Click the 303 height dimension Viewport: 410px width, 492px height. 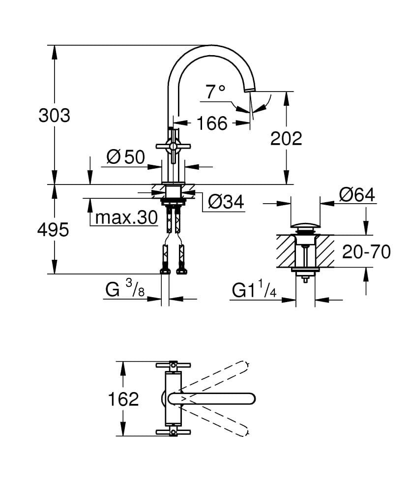pyautogui.click(x=55, y=116)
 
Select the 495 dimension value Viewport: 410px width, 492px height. pyautogui.click(x=53, y=230)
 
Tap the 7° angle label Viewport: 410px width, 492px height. pyautogui.click(x=215, y=92)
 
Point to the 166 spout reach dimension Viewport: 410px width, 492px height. pyautogui.click(x=212, y=123)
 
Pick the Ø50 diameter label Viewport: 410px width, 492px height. pyautogui.click(x=126, y=157)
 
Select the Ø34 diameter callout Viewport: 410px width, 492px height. pyautogui.click(x=226, y=201)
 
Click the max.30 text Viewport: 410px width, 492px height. pyautogui.click(x=126, y=217)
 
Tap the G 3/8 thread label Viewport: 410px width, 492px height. pyautogui.click(x=124, y=290)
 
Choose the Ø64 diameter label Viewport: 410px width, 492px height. pyautogui.click(x=357, y=195)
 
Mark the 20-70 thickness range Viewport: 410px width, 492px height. pyautogui.click(x=366, y=252)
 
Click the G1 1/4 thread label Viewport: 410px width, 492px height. pyautogui.click(x=254, y=291)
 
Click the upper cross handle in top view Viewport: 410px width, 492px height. pyautogui.click(x=173, y=365)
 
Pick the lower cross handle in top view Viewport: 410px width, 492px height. pyautogui.click(x=173, y=432)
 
